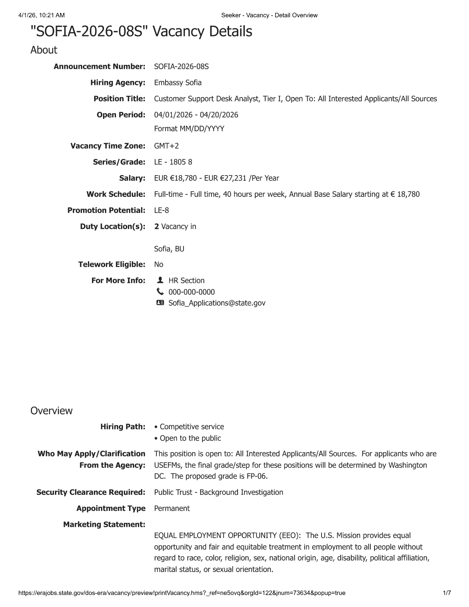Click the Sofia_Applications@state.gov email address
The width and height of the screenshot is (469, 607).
tap(217, 303)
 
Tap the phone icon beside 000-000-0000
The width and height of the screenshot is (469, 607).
tap(160, 292)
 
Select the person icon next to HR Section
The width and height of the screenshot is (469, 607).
tap(160, 280)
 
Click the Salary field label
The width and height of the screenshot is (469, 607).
tap(132, 178)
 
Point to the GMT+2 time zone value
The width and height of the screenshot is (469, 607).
tap(166, 146)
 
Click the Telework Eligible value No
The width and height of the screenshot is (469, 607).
tap(159, 265)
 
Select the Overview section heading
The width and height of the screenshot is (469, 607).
tap(51, 411)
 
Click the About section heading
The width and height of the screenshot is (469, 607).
tap(44, 50)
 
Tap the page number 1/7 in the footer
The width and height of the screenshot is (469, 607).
tap(447, 593)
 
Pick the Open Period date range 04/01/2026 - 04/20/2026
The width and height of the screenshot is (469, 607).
tap(196, 115)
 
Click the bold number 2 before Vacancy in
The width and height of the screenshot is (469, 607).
tap(157, 227)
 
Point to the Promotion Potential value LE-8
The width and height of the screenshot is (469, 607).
tap(161, 210)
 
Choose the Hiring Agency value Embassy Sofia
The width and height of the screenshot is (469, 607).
tap(178, 83)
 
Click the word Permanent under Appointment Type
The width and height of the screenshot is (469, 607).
tap(172, 508)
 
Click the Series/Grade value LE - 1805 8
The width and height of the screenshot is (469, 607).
tap(173, 162)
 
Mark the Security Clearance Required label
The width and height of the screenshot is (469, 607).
tap(91, 492)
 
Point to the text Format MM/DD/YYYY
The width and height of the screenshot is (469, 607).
tap(189, 129)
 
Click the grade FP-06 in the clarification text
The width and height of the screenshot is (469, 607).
tap(256, 476)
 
